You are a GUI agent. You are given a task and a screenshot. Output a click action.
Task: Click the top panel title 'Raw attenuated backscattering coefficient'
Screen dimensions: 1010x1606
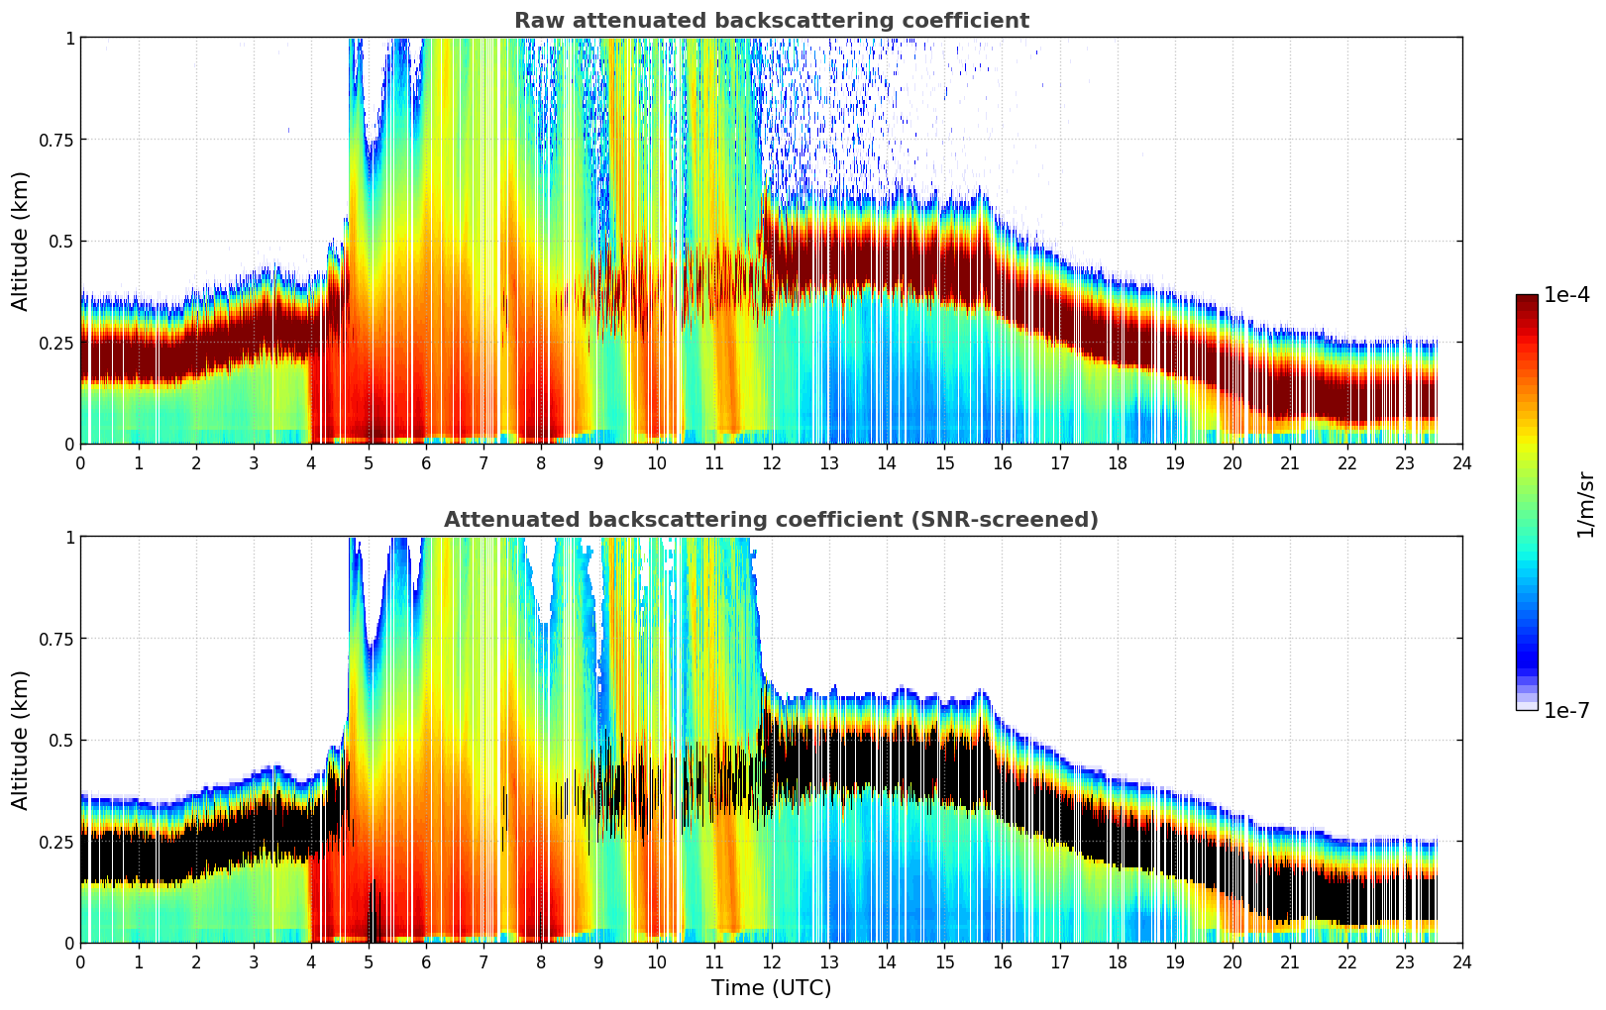(x=771, y=21)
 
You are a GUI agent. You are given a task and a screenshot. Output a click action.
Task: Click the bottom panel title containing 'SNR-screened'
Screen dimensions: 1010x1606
(x=771, y=520)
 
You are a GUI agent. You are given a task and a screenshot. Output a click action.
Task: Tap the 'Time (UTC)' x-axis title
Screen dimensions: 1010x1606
(x=771, y=988)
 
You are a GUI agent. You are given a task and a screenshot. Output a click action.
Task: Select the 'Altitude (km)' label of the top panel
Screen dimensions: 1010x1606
(x=21, y=241)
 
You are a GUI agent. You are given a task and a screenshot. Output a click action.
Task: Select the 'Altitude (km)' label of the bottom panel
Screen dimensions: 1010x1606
(x=21, y=740)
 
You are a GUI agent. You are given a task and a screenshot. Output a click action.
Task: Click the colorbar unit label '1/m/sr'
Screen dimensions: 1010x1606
(x=1585, y=504)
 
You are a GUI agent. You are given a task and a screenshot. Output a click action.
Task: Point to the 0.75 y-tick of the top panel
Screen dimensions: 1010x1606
(x=56, y=140)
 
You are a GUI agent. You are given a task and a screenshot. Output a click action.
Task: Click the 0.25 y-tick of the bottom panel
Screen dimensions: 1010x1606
(x=56, y=842)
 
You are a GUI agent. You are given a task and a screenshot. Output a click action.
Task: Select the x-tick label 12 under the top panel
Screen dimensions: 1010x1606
(x=771, y=462)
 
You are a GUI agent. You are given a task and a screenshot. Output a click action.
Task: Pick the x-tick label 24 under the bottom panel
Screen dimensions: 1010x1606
(x=1462, y=961)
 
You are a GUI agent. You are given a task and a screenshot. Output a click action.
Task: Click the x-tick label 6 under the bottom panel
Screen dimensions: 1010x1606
(x=426, y=961)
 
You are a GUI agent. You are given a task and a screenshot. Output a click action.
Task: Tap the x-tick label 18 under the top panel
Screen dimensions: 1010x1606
(x=1117, y=462)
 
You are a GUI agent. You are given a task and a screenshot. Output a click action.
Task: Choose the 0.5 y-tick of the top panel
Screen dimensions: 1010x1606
(x=61, y=242)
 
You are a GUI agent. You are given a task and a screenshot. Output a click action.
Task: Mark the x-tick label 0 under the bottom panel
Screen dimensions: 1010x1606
(x=80, y=961)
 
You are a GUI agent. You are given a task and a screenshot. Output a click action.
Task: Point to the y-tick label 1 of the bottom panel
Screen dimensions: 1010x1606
(x=69, y=538)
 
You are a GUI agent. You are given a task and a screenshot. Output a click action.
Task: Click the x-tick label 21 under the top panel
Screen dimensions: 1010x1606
(x=1289, y=462)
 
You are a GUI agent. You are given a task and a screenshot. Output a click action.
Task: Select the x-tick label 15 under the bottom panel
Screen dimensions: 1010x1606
(x=944, y=961)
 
